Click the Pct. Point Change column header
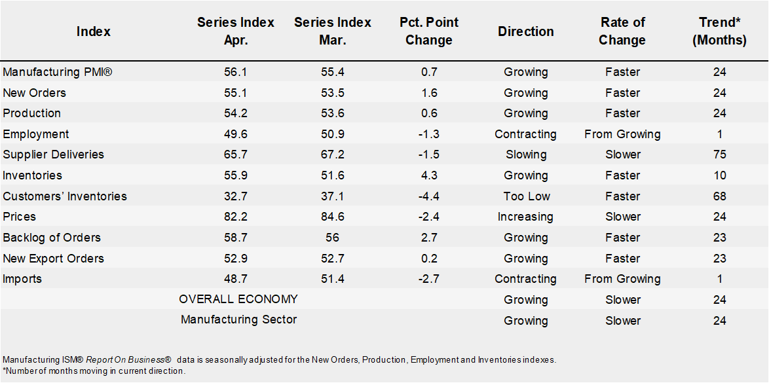click(x=430, y=31)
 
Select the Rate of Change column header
click(x=622, y=31)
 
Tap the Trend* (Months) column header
click(x=720, y=31)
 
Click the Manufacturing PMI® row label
click(x=58, y=72)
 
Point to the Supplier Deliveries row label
click(x=54, y=155)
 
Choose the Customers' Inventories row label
click(x=65, y=196)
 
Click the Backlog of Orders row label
click(x=52, y=238)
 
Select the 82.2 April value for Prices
click(x=236, y=217)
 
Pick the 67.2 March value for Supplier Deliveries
click(x=332, y=155)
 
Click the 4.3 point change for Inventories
click(x=430, y=175)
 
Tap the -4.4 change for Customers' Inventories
click(x=430, y=196)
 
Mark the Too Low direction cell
click(x=526, y=196)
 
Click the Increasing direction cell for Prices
click(x=525, y=217)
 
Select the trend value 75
click(x=720, y=155)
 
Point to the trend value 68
click(x=720, y=196)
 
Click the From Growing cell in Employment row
click(x=622, y=134)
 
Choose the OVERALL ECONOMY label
click(x=238, y=299)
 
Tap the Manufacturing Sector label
click(x=238, y=319)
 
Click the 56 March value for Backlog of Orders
click(x=332, y=238)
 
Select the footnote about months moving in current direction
click(x=94, y=371)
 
